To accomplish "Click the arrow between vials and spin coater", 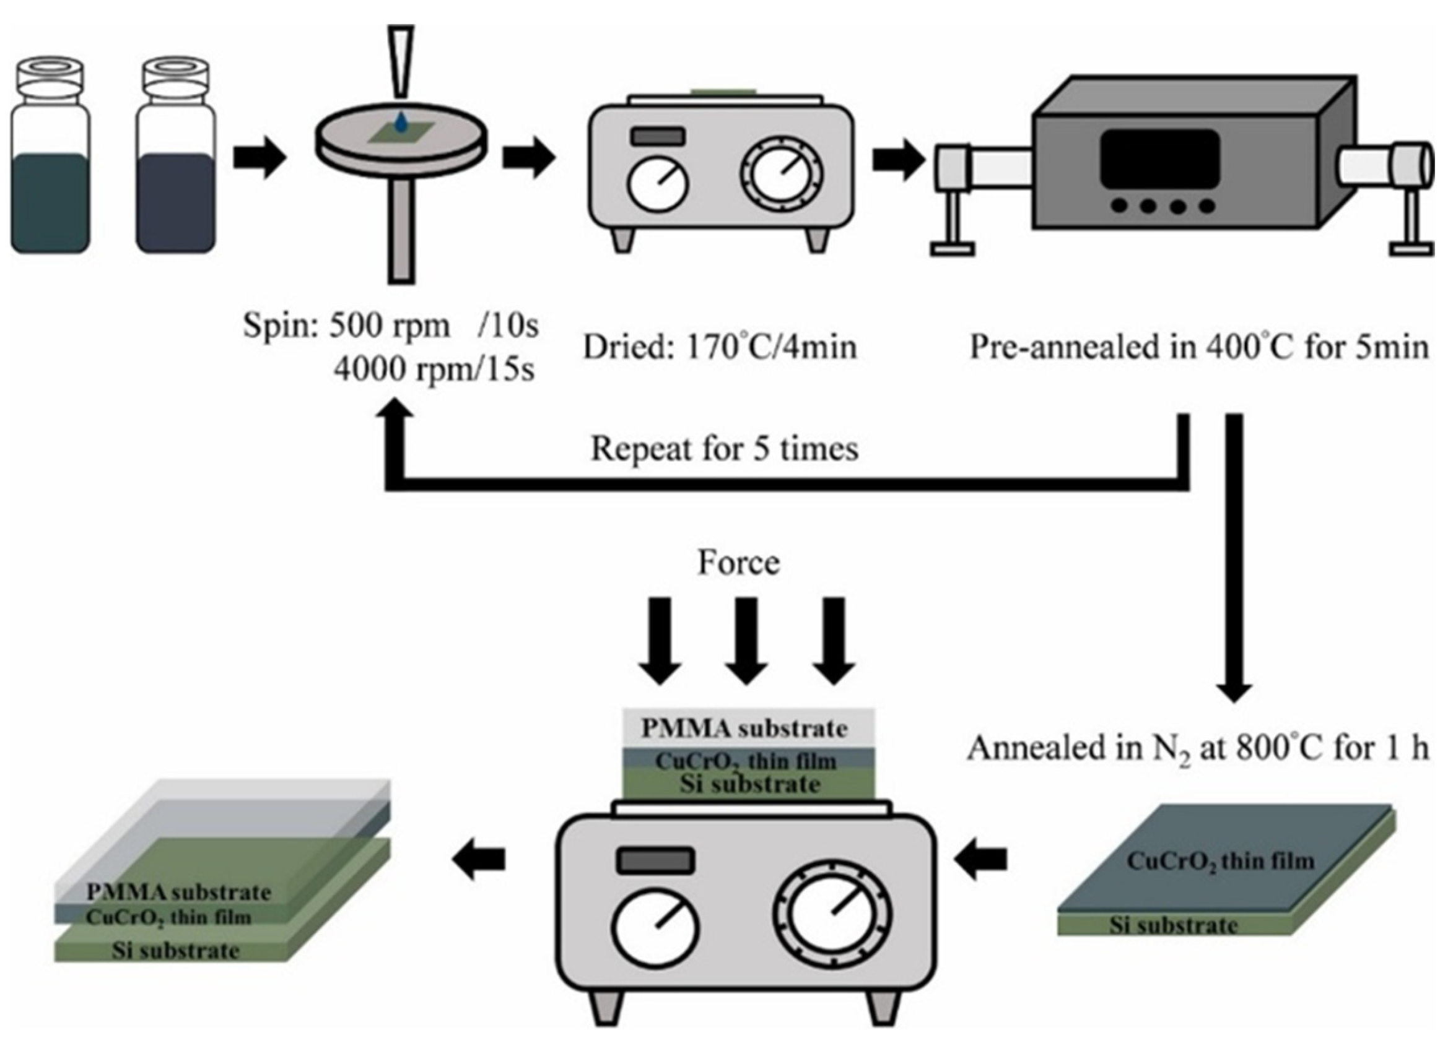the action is pyautogui.click(x=259, y=157).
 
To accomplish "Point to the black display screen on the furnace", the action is pyautogui.click(x=1159, y=157).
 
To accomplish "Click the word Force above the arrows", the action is pyautogui.click(x=739, y=563).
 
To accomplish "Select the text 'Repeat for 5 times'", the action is pyautogui.click(x=725, y=449).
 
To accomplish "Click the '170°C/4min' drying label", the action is pyautogui.click(x=771, y=348).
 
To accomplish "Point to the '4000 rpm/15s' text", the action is pyautogui.click(x=434, y=370).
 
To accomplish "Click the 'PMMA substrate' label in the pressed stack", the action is pyautogui.click(x=744, y=729).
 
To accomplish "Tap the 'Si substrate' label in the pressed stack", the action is pyautogui.click(x=749, y=784).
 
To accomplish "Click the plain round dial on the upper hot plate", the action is pyautogui.click(x=657, y=184).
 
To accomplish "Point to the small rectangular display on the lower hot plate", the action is pyautogui.click(x=655, y=860).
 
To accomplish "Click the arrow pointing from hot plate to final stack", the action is pyautogui.click(x=478, y=860).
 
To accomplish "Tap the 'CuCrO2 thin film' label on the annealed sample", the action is pyautogui.click(x=1220, y=862).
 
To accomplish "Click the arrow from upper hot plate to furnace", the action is pyautogui.click(x=899, y=159).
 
